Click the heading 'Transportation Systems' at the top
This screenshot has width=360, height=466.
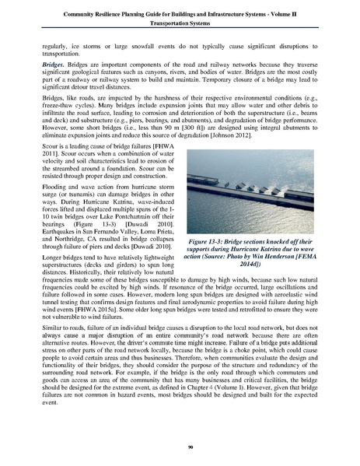180,23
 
